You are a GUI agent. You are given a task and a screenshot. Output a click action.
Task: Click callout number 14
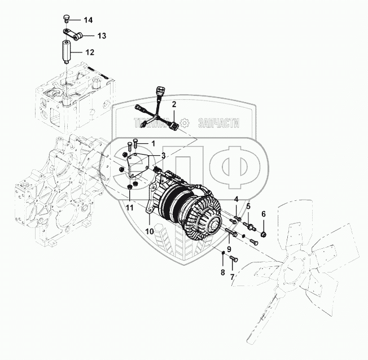point(88,20)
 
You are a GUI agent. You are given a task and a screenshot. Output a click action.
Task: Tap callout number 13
point(102,36)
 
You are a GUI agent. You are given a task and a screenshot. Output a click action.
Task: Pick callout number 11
point(130,208)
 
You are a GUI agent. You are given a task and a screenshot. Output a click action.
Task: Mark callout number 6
point(263,213)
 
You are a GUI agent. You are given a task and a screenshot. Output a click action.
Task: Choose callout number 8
point(222,273)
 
